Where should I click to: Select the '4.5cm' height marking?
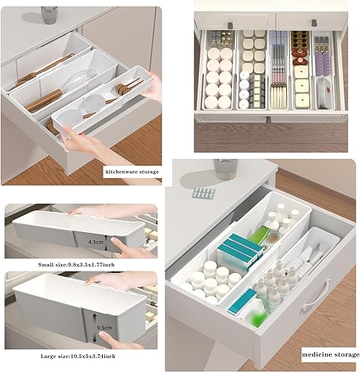[x=97, y=242]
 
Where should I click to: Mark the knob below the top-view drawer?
[x=268, y=119]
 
